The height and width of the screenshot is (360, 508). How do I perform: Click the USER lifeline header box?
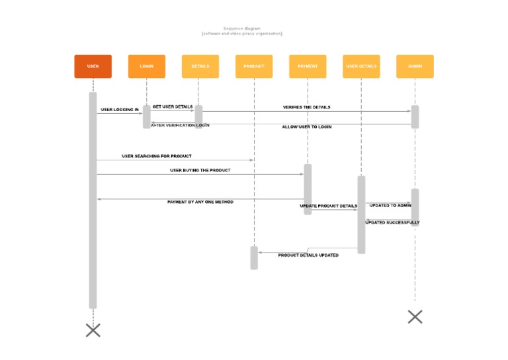click(93, 66)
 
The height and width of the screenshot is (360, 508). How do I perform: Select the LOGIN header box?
click(146, 66)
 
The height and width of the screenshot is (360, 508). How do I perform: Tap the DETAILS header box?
click(200, 66)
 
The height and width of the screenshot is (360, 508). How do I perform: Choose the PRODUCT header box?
click(254, 66)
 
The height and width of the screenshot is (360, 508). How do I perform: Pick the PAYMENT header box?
click(308, 66)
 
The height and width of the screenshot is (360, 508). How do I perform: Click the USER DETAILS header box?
click(361, 66)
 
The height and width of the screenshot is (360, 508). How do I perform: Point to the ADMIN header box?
click(415, 66)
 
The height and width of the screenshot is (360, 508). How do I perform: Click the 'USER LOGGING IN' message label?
click(120, 110)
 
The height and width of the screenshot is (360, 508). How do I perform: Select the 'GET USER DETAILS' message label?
click(173, 107)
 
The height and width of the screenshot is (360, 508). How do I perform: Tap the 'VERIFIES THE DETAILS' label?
click(306, 107)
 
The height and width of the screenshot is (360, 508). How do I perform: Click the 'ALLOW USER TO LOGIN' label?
click(307, 126)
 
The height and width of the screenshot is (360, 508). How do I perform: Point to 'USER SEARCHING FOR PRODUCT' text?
click(157, 156)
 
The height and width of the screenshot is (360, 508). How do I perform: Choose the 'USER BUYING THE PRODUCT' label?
click(200, 170)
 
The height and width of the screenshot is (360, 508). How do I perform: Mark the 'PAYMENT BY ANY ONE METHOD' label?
click(200, 202)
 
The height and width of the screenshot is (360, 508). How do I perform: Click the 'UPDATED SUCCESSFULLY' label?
click(392, 222)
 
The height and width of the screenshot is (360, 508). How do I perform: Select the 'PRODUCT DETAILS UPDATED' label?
click(308, 255)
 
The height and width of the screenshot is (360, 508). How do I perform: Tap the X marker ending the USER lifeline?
click(93, 330)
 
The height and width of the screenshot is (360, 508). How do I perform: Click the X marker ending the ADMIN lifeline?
click(415, 316)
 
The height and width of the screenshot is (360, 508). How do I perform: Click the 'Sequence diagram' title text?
click(241, 28)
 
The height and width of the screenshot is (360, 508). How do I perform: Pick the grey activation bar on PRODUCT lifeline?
click(254, 257)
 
